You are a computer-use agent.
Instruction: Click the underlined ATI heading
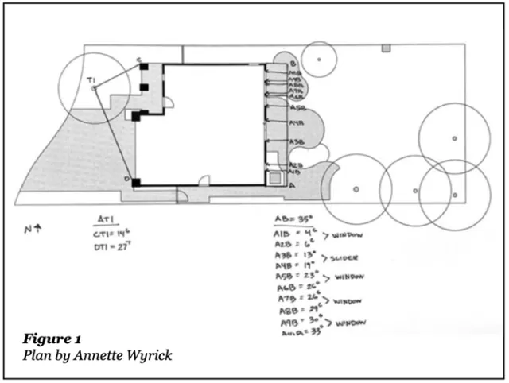(107, 219)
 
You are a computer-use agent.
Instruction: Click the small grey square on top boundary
(386, 48)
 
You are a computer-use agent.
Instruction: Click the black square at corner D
(137, 183)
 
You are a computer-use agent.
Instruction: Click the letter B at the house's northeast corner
(293, 64)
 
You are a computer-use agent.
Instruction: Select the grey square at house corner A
(276, 179)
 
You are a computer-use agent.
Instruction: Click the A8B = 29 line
(301, 310)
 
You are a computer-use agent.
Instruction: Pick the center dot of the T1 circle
(94, 88)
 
